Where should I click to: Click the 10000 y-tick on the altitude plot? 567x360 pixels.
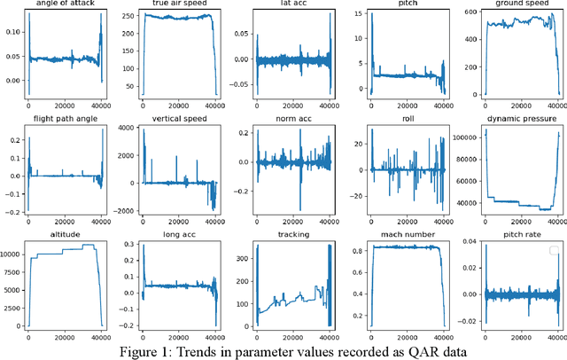point(12,254)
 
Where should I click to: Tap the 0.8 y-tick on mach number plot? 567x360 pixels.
point(351,250)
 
